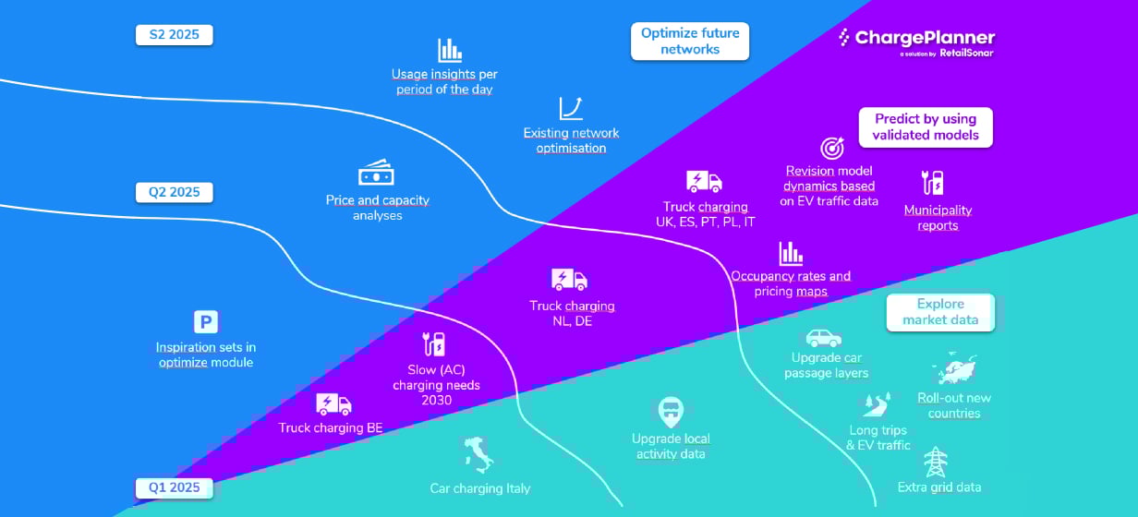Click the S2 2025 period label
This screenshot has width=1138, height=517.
pos(174,35)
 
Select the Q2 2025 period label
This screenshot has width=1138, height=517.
pos(174,192)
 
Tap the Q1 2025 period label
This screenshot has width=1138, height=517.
pos(174,487)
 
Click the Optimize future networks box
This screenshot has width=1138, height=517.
pos(690,42)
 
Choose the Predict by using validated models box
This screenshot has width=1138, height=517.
pos(926,127)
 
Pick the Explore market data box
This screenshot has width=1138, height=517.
pos(940,312)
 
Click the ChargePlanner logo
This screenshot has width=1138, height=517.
pos(916,42)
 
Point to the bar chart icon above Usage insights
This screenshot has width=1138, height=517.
pos(450,50)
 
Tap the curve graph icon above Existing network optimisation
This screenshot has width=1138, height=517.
pos(571,109)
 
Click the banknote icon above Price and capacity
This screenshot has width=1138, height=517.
pos(377,173)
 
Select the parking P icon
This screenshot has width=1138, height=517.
pos(205,322)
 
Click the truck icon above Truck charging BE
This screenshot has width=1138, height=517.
pos(333,404)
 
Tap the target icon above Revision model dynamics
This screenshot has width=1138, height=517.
pos(832,148)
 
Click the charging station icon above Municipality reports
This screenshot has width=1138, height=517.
pos(932,182)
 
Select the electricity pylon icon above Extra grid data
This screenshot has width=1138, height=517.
pos(938,461)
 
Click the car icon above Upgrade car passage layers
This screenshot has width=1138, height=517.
pos(824,337)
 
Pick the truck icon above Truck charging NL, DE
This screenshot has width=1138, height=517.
pos(569,279)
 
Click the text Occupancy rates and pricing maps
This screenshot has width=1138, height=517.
pos(791,283)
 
